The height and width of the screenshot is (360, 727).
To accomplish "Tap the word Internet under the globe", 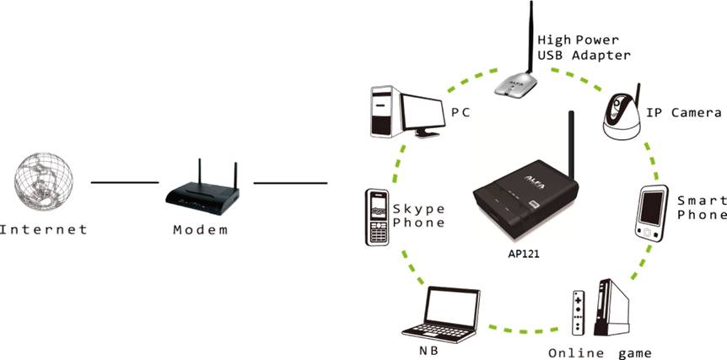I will click(x=43, y=228).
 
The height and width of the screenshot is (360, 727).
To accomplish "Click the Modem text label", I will click(x=200, y=228).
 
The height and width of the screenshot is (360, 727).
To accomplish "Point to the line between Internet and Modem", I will click(x=124, y=182).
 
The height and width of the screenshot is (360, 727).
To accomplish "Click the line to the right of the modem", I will click(x=290, y=182).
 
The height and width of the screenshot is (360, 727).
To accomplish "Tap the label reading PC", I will click(x=460, y=111).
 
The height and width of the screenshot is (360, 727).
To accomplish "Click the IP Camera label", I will click(x=683, y=112).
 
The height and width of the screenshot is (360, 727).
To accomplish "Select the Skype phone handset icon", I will click(x=376, y=218).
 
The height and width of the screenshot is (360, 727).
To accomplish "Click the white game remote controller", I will click(x=578, y=313).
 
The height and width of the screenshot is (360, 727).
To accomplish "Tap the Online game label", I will click(x=599, y=351).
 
